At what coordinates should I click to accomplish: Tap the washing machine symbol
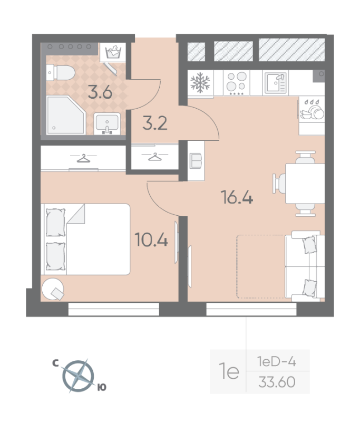[113, 53]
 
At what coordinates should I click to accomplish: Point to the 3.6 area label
[100, 93]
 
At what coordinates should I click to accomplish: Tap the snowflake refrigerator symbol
[200, 82]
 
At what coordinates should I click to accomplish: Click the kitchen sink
[275, 82]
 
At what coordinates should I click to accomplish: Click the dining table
[305, 184]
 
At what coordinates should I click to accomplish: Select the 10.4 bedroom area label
[151, 241]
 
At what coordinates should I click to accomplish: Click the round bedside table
[53, 289]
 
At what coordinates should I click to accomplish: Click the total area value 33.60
[277, 381]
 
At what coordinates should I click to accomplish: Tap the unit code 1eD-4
[277, 362]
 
